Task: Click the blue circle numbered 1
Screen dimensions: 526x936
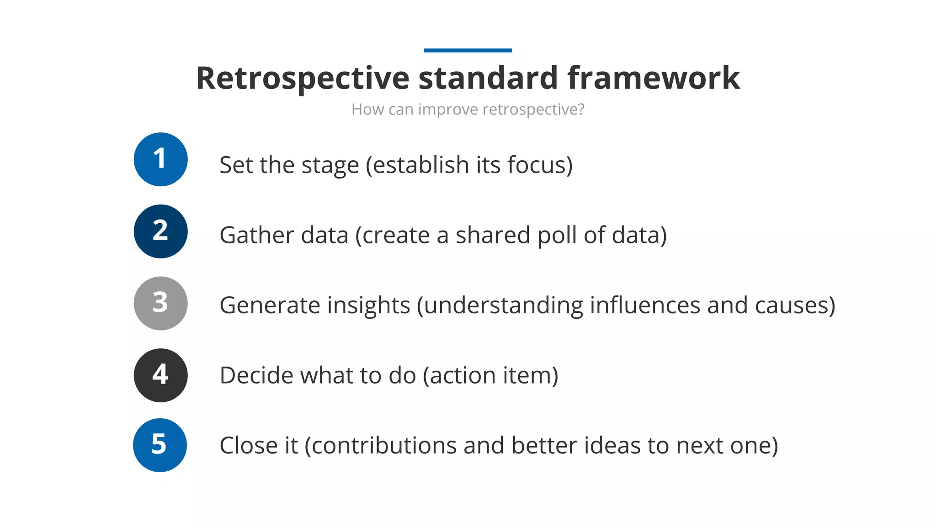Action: (x=160, y=159)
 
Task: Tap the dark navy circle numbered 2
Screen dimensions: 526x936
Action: (x=160, y=231)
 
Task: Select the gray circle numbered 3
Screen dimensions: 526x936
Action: (x=160, y=303)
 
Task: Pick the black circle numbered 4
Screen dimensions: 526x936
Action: (x=160, y=375)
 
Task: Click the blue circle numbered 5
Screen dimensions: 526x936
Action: (x=160, y=445)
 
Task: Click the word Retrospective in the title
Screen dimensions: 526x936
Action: (x=303, y=78)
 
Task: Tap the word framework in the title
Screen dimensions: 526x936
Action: (x=654, y=78)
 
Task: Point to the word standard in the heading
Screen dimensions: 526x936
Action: (x=488, y=78)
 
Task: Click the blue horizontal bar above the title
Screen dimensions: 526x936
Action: (x=468, y=50)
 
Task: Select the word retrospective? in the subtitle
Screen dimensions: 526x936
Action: (x=533, y=110)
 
